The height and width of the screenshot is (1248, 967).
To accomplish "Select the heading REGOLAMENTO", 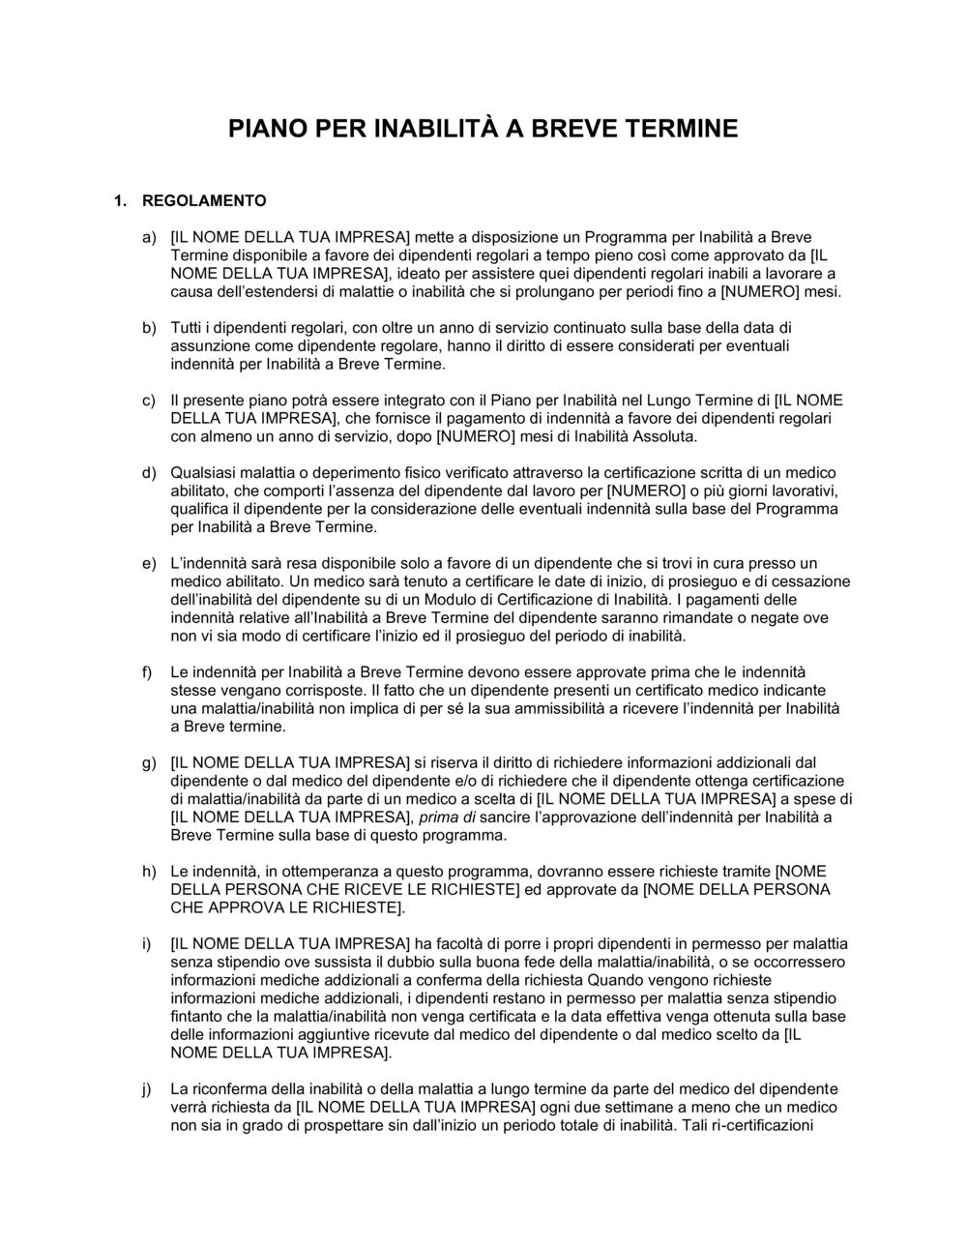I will tap(204, 201).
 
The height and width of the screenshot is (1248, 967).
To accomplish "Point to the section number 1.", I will tap(120, 201).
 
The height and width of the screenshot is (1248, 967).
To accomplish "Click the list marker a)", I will tap(149, 237).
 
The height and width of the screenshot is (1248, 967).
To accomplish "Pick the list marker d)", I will tap(149, 473).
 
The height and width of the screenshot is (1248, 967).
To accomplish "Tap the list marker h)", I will tap(149, 872).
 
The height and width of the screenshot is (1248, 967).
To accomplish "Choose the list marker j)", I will tap(149, 1089).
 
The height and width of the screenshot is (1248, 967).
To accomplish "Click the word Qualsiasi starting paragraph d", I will tap(202, 473).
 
